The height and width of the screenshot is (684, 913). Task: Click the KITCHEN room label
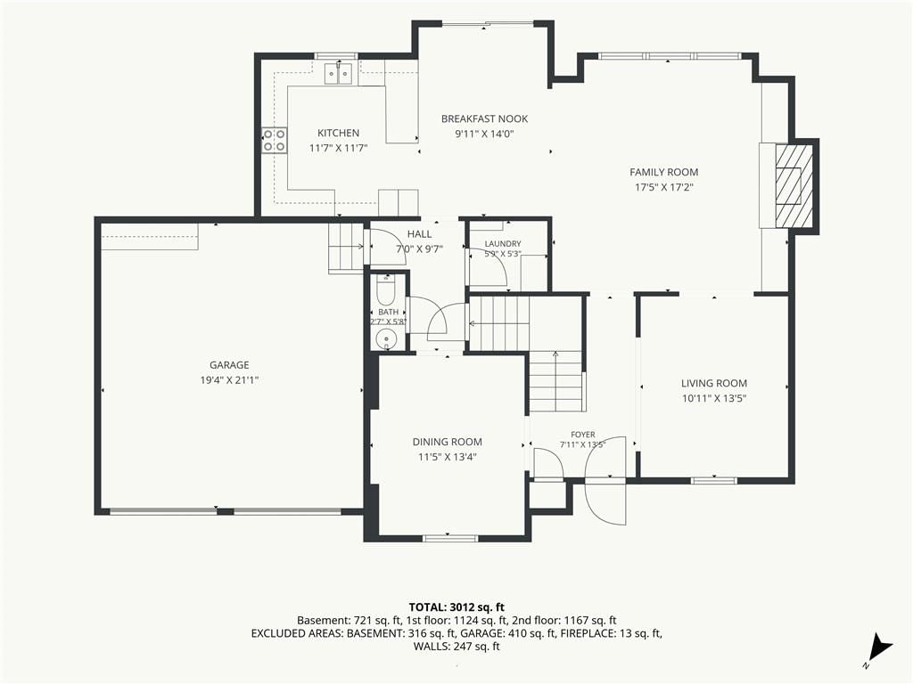tap(338, 133)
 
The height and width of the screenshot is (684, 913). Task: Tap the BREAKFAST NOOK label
tap(484, 118)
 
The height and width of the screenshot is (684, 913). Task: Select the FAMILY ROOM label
tap(663, 172)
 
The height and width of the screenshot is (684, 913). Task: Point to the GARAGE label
tap(229, 364)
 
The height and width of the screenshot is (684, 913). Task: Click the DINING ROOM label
tap(448, 442)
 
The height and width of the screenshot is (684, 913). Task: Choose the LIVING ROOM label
tap(714, 383)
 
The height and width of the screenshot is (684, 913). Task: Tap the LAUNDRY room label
tap(503, 244)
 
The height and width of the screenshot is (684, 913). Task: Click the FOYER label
tap(583, 435)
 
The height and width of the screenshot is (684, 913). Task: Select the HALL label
tap(419, 234)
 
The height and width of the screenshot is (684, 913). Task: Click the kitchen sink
tap(340, 74)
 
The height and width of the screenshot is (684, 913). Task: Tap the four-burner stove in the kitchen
tap(275, 140)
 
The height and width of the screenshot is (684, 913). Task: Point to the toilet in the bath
tap(386, 291)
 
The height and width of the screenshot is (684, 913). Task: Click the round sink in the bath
tap(385, 339)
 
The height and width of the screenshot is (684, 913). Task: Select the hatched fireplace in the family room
tap(794, 186)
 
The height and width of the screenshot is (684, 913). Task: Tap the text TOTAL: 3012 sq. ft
tap(456, 608)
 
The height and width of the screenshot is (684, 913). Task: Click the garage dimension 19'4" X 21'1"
tap(229, 380)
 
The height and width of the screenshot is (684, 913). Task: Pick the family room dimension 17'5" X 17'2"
tap(663, 187)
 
